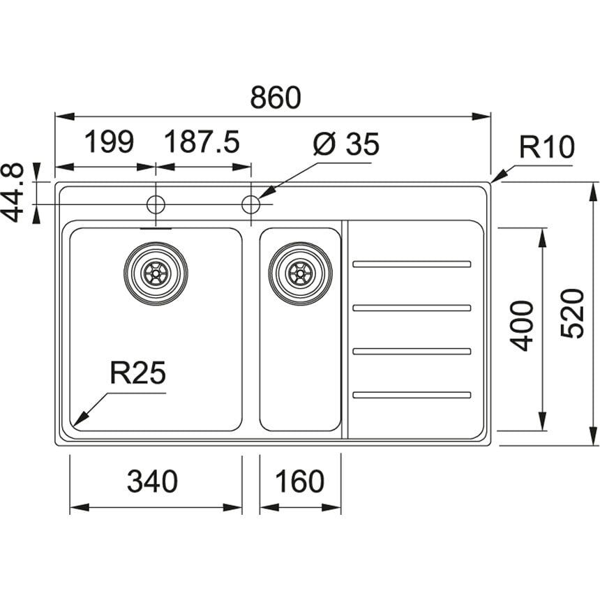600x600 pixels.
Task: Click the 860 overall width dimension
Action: pos(276,97)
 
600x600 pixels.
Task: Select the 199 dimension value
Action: pos(109,142)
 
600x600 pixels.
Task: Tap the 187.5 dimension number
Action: pos(202,142)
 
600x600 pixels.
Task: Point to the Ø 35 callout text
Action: pos(346,144)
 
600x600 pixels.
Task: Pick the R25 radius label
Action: pos(137,373)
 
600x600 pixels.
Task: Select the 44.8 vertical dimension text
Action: pos(13,193)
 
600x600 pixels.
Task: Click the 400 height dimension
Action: pos(523,326)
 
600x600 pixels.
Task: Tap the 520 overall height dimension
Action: pos(573,314)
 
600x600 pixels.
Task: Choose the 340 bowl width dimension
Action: pos(152,481)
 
